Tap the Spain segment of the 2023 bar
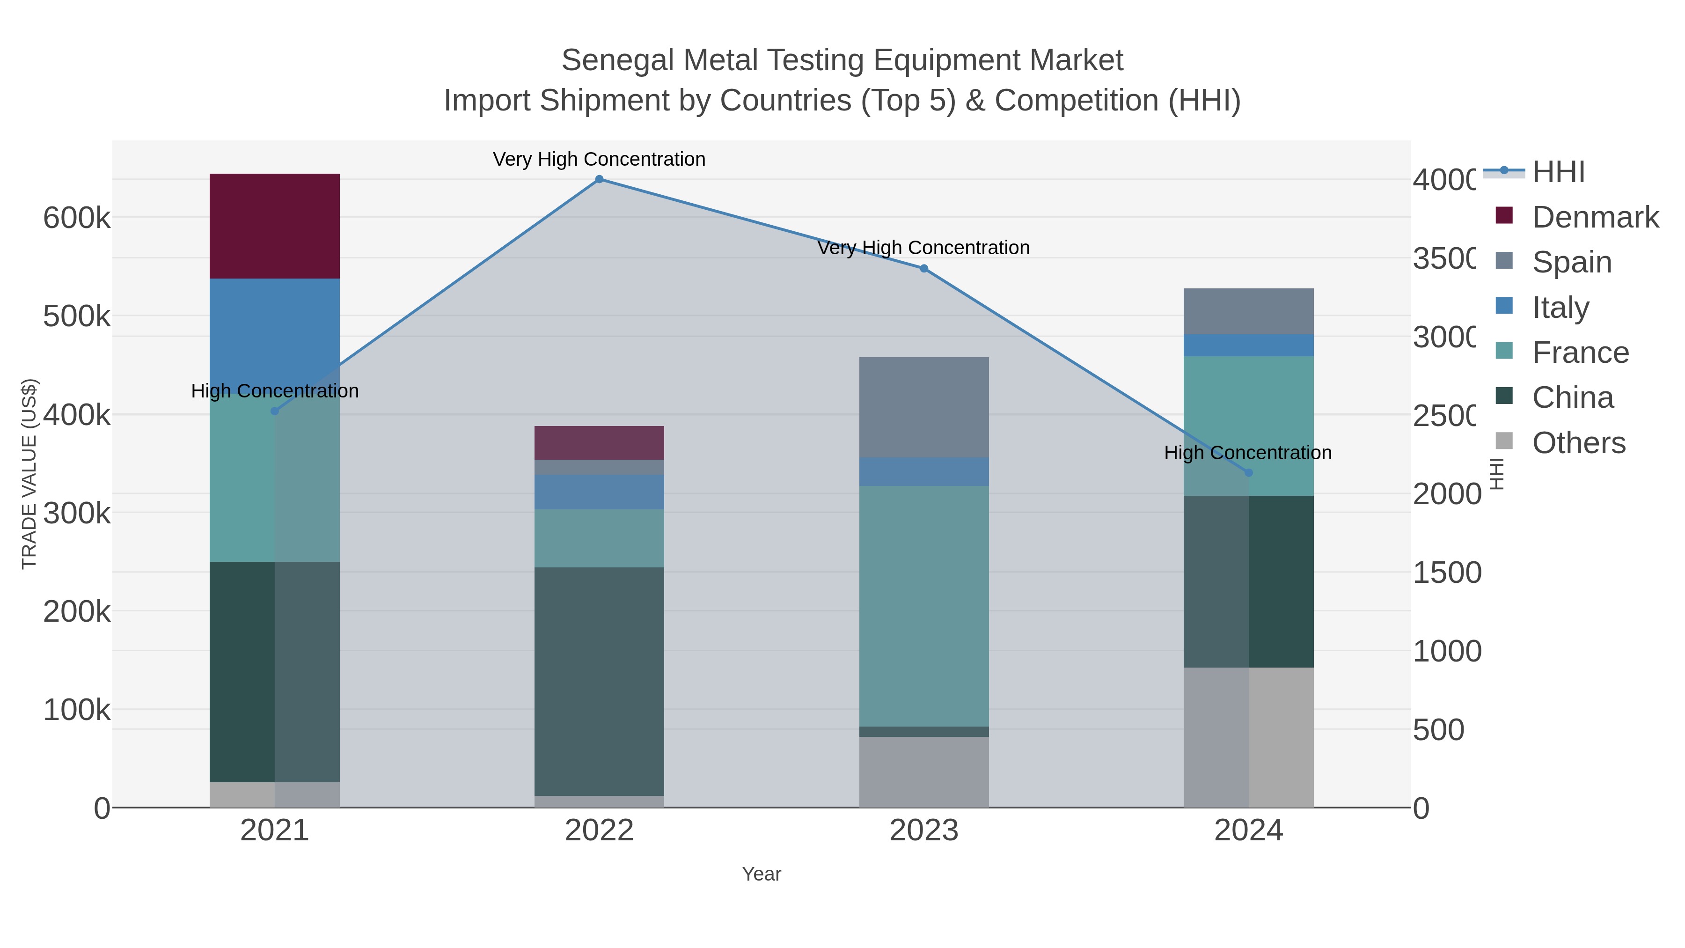(923, 406)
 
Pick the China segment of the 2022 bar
(599, 680)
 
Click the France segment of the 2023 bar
(923, 605)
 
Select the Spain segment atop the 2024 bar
(1248, 311)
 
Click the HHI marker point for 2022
(599, 179)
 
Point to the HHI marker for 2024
(1248, 472)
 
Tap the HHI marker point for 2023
(923, 268)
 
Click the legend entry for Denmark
(1595, 217)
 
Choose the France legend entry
(1580, 353)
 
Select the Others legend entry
(1578, 443)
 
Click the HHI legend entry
(1558, 172)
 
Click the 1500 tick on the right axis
(1446, 573)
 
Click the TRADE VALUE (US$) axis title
(29, 474)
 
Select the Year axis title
(762, 874)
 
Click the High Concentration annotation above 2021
(275, 391)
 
